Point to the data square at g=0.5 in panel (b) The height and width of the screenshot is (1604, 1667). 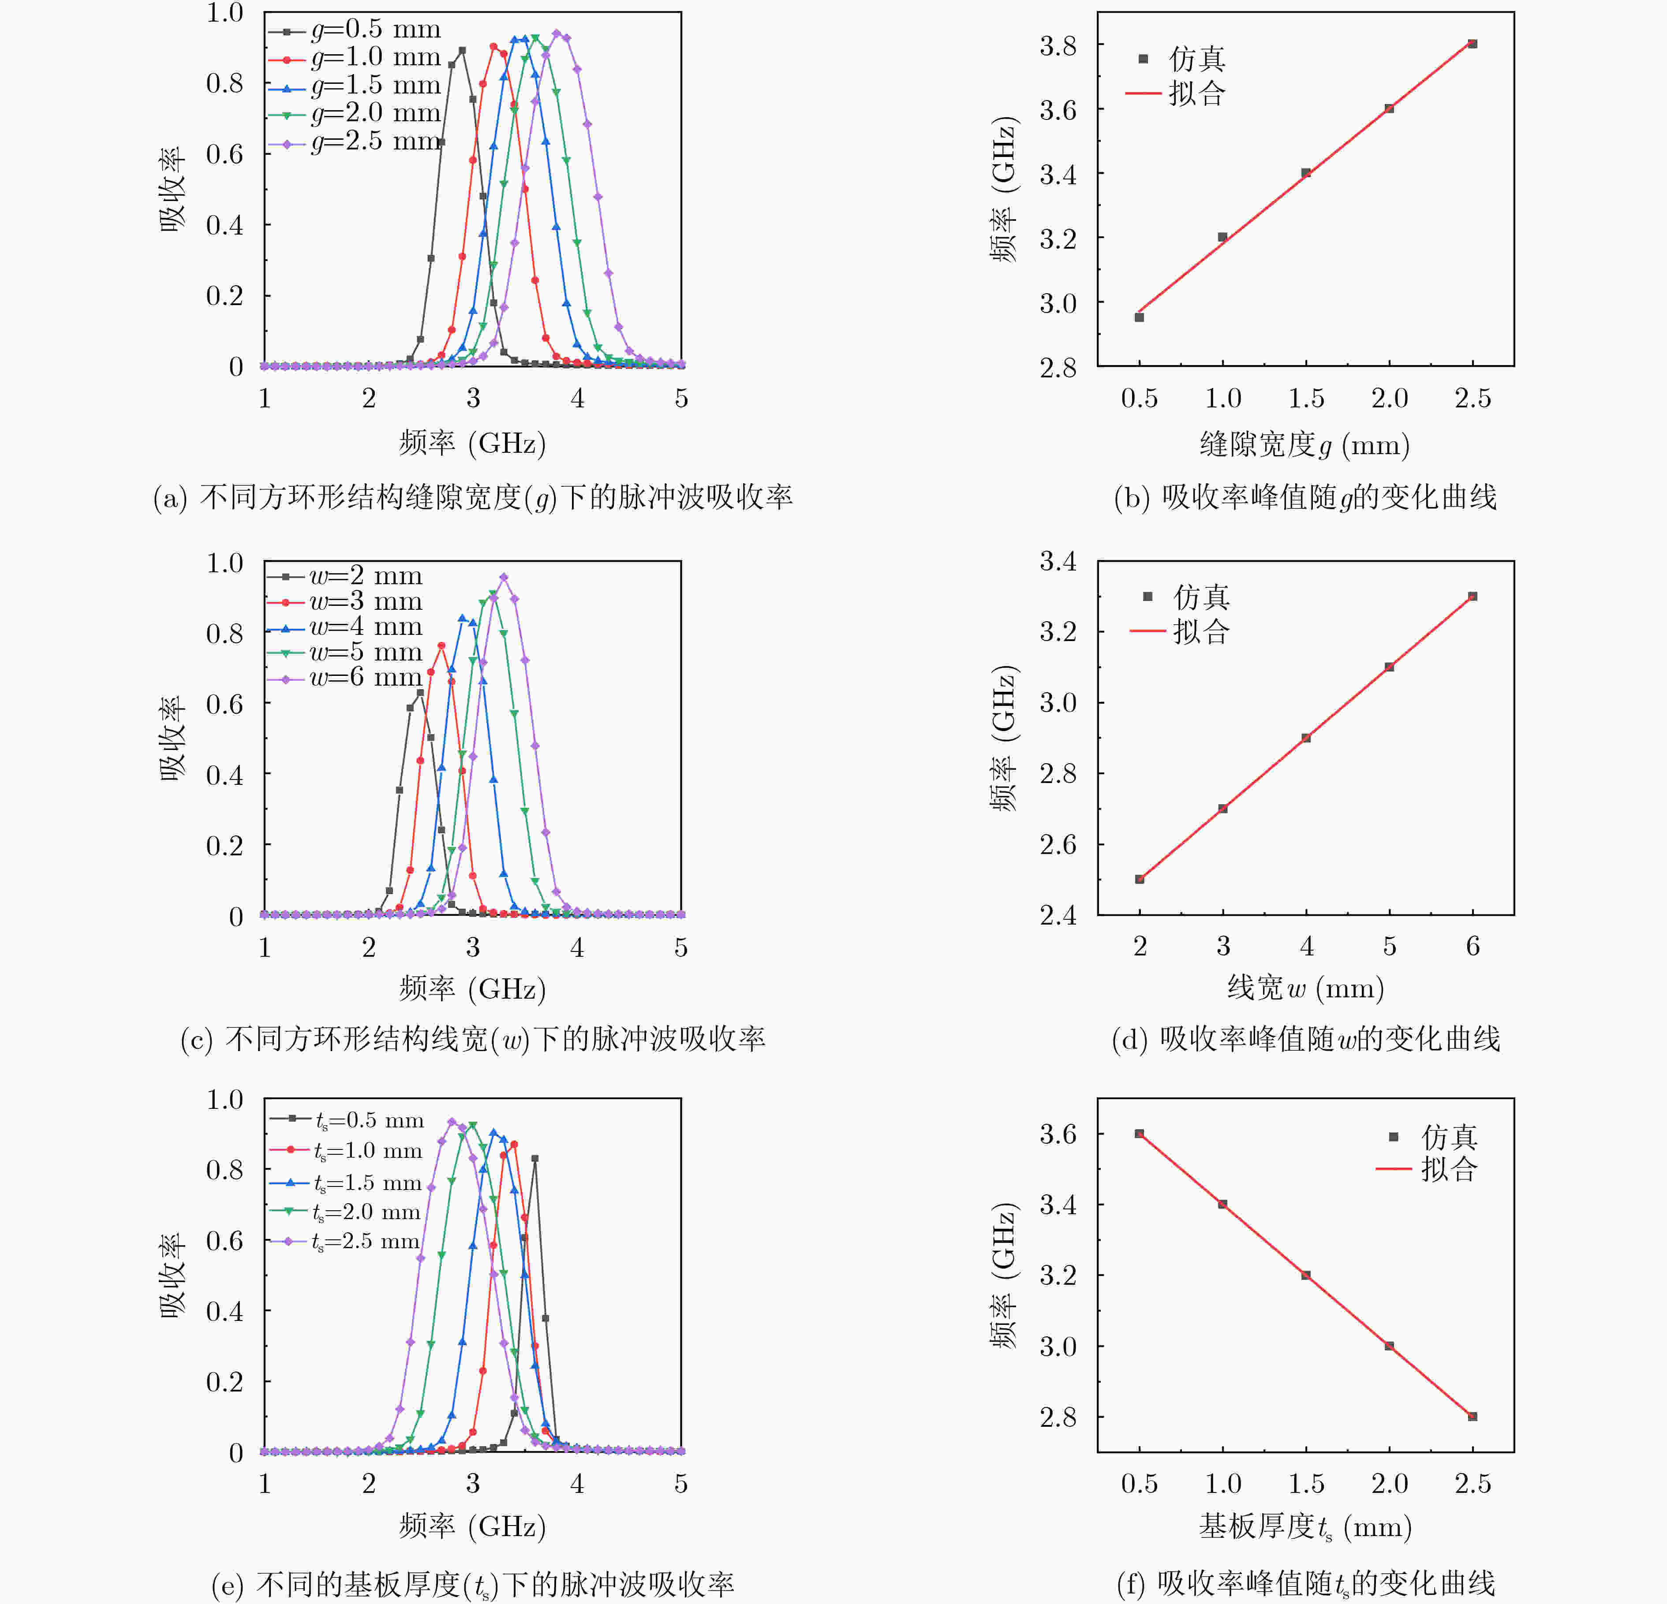click(x=1140, y=317)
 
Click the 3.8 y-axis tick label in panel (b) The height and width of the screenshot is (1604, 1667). click(x=1058, y=45)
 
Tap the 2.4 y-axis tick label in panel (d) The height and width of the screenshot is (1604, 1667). click(x=1058, y=915)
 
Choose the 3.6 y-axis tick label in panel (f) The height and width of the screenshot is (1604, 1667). click(x=1058, y=1134)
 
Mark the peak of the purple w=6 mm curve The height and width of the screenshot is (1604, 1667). click(x=504, y=578)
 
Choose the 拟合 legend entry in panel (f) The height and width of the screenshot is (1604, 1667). click(x=1426, y=1169)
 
